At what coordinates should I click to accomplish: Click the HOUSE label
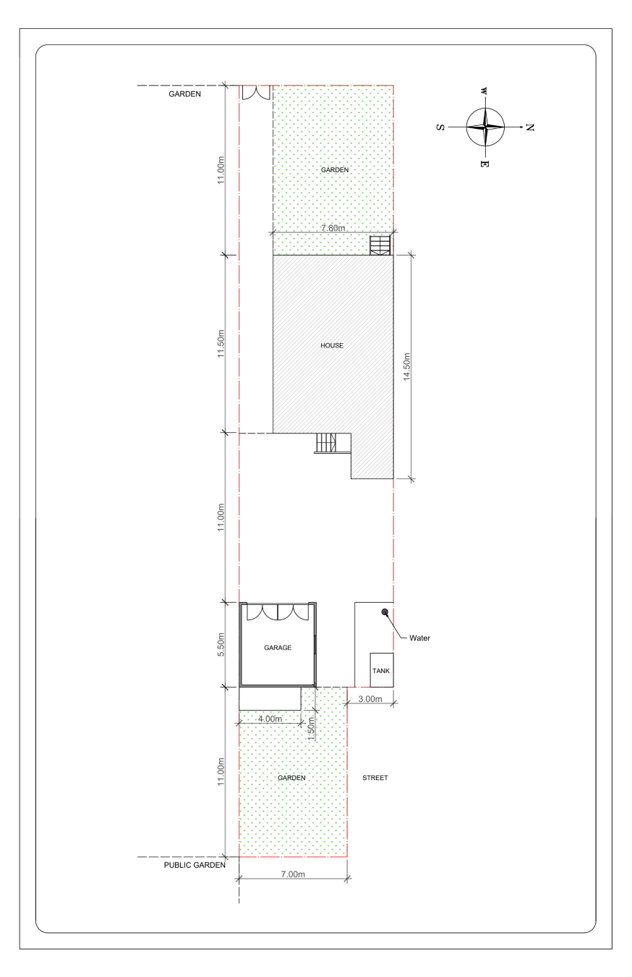pos(332,345)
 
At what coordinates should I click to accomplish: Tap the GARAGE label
pos(278,648)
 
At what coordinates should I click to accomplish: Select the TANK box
pos(381,670)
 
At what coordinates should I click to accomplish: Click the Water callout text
pos(419,638)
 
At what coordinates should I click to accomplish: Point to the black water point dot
pos(385,612)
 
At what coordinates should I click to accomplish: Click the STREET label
pos(375,778)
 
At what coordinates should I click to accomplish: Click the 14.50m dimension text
pos(406,367)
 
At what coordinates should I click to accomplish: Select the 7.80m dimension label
pos(333,228)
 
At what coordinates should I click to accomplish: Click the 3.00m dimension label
pos(370,698)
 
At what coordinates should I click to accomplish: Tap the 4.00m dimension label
pos(270,719)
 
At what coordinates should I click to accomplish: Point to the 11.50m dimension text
pos(221,344)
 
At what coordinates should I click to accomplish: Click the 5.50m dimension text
pos(221,644)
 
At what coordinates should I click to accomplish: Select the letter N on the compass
pos(530,127)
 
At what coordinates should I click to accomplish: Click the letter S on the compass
pos(440,127)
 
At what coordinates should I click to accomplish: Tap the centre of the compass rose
pos(485,127)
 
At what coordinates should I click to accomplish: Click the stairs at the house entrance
pos(326,444)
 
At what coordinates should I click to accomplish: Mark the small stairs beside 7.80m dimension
pos(380,245)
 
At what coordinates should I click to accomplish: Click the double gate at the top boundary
pos(257,93)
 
